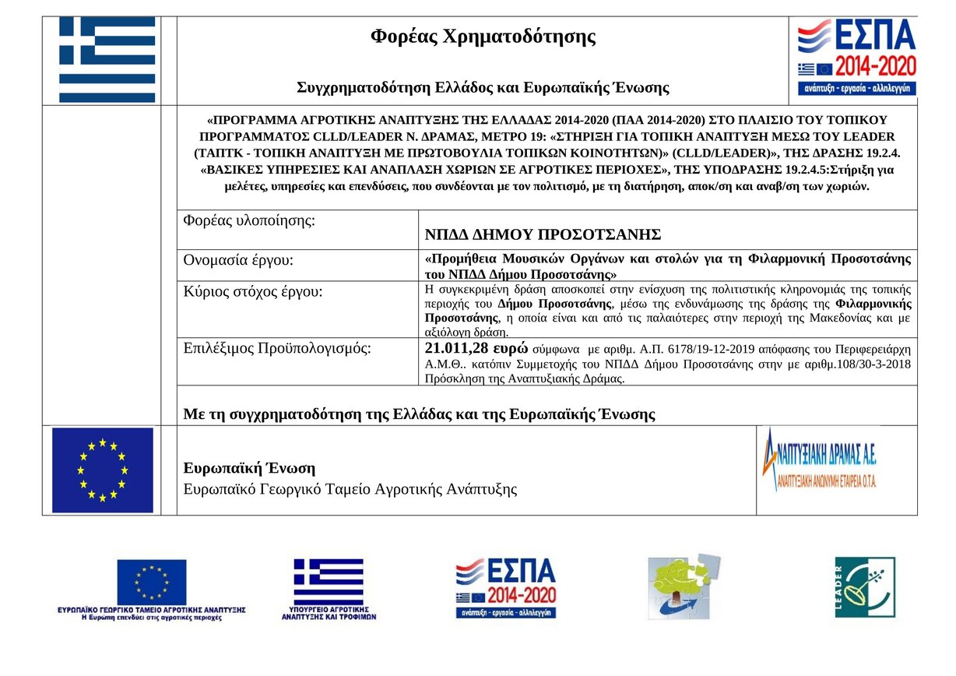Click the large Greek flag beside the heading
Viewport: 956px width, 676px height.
pos(107,60)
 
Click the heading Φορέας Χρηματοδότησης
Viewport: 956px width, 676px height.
pos(483,37)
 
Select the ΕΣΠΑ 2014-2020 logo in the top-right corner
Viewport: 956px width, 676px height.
pos(856,58)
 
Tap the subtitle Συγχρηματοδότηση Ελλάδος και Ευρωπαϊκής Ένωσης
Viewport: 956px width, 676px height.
pos(483,87)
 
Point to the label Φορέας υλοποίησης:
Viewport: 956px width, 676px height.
pos(249,220)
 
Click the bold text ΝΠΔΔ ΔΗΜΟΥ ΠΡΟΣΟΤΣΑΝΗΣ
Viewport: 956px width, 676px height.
pos(543,234)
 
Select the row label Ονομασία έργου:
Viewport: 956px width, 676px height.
pos(238,260)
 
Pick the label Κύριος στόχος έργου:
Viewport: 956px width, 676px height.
pos(252,292)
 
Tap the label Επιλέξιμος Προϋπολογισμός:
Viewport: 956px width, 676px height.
pos(277,348)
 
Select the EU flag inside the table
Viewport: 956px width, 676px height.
pos(102,470)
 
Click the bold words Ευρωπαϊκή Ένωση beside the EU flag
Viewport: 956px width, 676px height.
pos(249,468)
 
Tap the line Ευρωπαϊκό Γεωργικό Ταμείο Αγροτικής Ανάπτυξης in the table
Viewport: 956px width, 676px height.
pos(350,489)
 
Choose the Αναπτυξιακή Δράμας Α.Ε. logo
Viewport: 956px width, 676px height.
pos(819,459)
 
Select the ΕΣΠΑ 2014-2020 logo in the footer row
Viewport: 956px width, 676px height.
pos(506,588)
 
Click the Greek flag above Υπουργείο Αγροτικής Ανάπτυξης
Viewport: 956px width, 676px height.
pos(329,581)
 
